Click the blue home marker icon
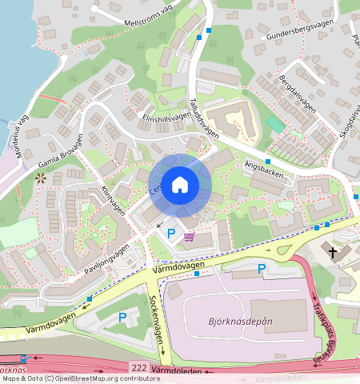[180, 185]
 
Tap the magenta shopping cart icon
[189, 237]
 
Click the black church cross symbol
[334, 253]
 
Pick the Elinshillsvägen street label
[166, 116]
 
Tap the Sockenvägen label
[157, 317]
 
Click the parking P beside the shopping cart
[171, 234]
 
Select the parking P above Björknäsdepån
[261, 269]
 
